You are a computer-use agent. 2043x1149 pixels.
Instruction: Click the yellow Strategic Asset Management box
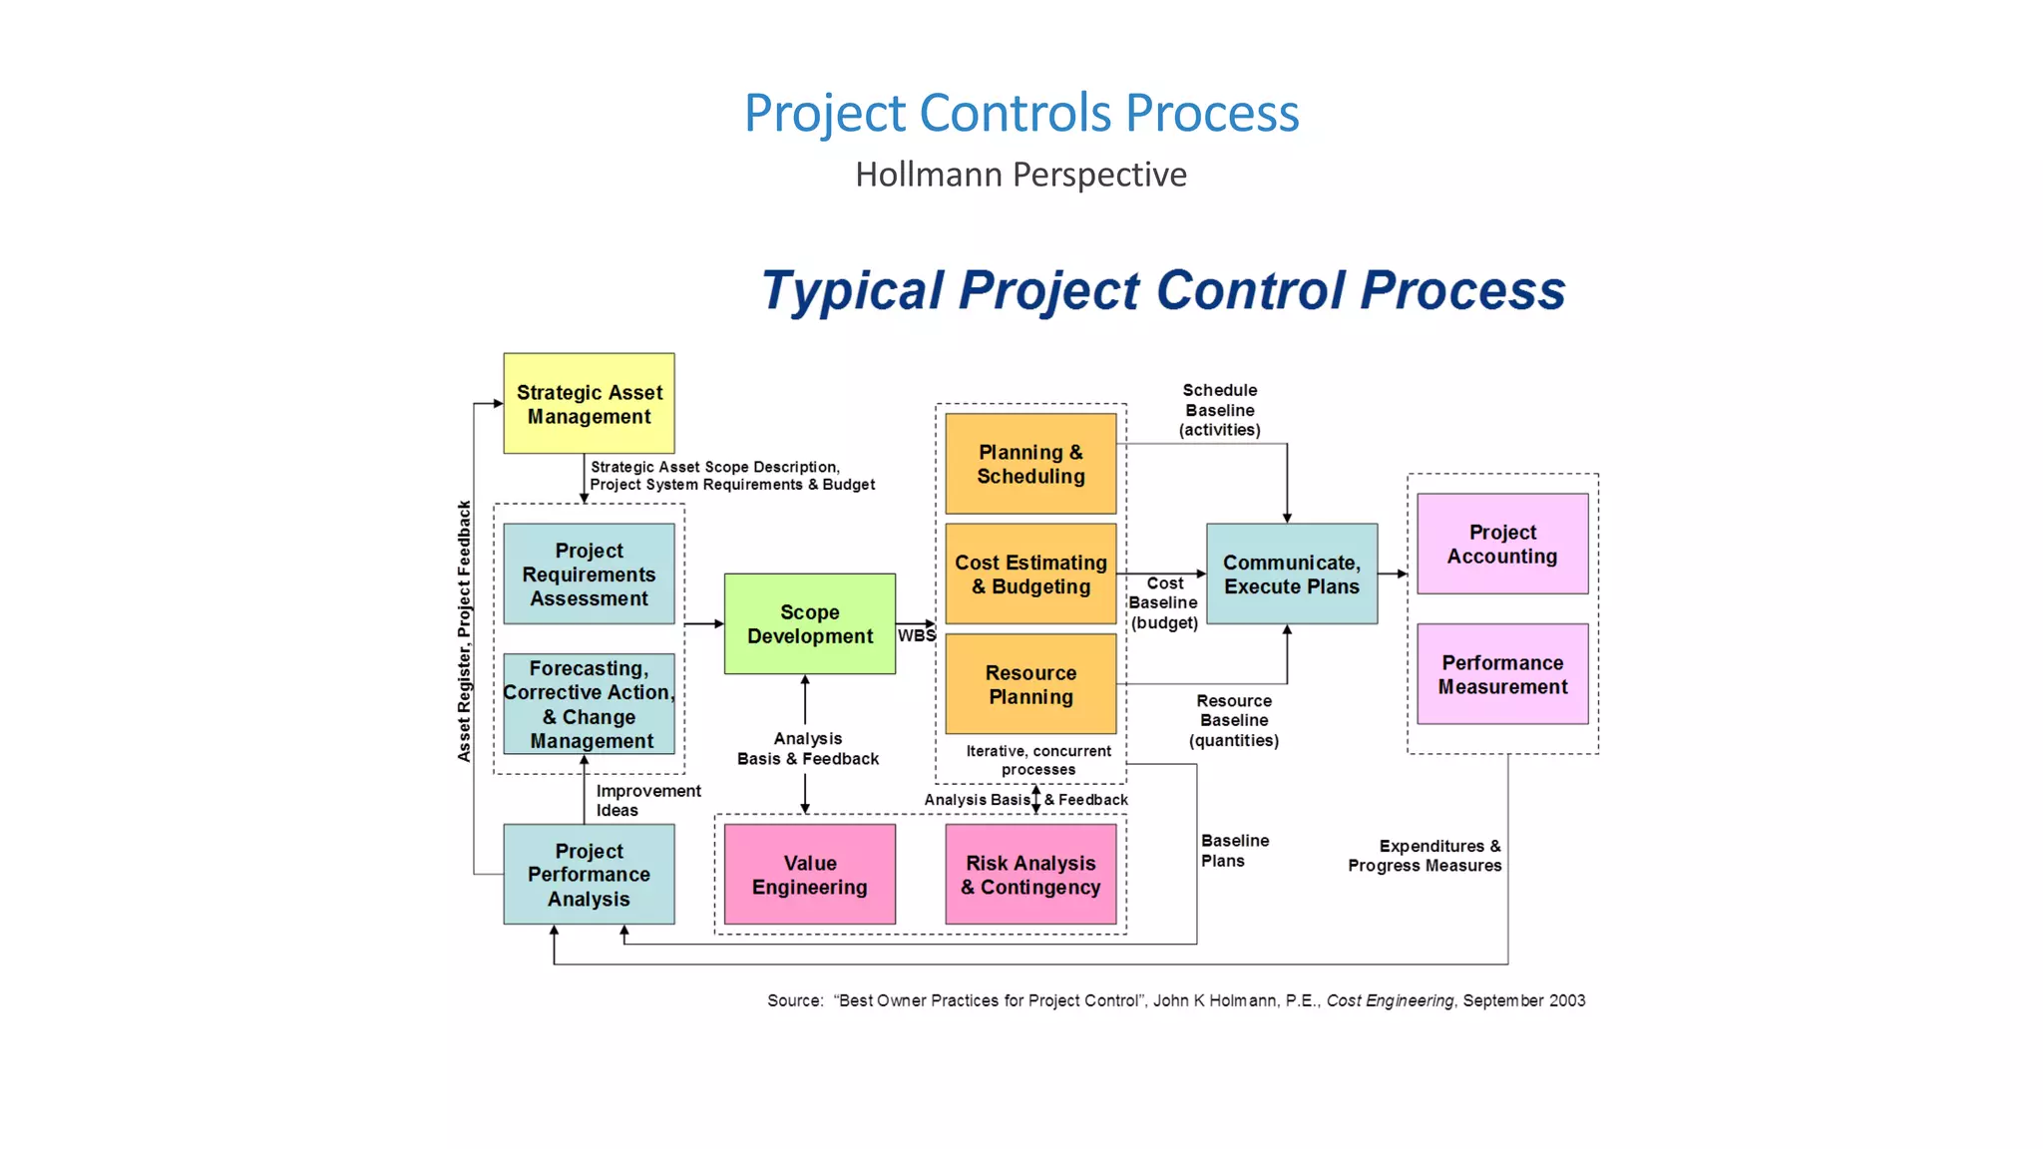click(589, 404)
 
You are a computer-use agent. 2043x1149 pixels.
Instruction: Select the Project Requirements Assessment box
click(589, 574)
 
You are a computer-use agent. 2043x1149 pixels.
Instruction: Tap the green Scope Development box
click(809, 624)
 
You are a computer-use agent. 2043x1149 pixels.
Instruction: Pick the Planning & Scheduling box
click(1030, 464)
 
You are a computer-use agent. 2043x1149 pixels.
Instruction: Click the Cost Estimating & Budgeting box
click(1030, 574)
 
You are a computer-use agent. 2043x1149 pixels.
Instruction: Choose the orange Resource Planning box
click(1030, 684)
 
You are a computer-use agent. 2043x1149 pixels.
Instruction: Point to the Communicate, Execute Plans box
click(1291, 574)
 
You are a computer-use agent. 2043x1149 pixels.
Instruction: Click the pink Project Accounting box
click(1501, 545)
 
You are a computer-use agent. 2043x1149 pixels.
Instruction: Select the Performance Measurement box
click(1501, 674)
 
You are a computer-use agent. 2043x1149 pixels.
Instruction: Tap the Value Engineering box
click(809, 875)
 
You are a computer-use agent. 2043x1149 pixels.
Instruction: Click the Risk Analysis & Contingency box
click(1030, 875)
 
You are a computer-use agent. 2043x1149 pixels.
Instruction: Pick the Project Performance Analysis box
click(589, 875)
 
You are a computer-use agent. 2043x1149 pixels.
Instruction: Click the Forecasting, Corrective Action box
click(589, 704)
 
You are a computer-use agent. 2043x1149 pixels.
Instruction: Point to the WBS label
click(916, 635)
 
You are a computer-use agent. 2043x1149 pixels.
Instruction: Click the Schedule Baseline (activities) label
click(1219, 410)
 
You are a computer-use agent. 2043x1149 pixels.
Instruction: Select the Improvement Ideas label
click(647, 800)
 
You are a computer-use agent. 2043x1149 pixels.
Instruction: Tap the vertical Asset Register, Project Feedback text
click(464, 631)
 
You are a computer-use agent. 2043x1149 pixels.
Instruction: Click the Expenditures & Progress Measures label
click(1425, 856)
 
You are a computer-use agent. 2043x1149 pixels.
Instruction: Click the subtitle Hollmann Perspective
click(1021, 175)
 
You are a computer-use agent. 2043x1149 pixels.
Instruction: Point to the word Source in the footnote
click(794, 1000)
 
